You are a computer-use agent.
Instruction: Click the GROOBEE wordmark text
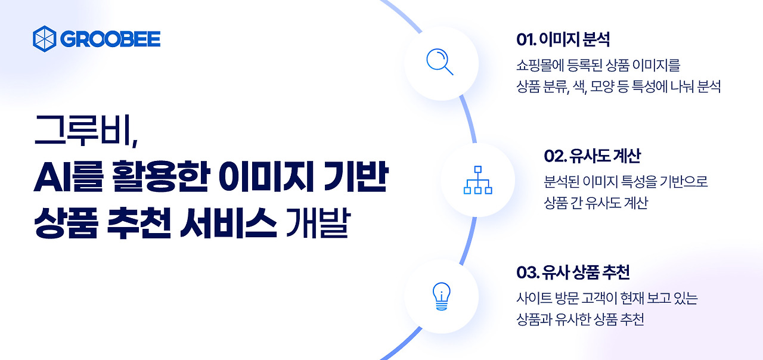[x=110, y=39]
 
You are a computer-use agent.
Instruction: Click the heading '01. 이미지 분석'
[x=563, y=40]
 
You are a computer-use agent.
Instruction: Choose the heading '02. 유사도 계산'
[x=592, y=156]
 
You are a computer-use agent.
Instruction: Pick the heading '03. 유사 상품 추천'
[x=573, y=273]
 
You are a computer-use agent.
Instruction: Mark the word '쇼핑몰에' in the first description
[x=538, y=64]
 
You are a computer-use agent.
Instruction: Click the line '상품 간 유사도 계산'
[x=595, y=203]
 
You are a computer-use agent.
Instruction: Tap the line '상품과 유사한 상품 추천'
[x=580, y=319]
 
